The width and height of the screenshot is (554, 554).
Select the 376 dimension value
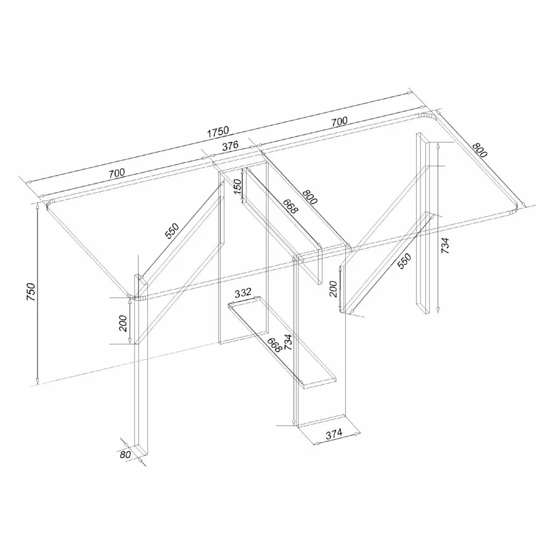coord(230,146)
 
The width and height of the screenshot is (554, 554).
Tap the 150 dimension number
coord(238,186)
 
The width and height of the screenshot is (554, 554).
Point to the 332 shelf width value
coord(243,293)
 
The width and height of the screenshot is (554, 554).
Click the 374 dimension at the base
coord(334,434)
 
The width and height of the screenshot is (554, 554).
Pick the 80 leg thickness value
coord(125,454)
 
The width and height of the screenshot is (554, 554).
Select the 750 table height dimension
coord(31,292)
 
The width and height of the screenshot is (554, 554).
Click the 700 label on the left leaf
coord(116,173)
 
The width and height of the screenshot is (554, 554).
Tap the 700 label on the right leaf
coord(339,121)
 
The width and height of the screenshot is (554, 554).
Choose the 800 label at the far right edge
coord(479,150)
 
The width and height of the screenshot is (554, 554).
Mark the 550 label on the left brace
coord(172,231)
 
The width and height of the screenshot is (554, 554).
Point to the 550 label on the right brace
coord(404,261)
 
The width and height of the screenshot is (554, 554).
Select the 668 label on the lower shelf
coord(274,345)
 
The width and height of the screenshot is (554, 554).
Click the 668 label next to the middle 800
coord(290,206)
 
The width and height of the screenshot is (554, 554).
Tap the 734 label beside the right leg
coord(445,245)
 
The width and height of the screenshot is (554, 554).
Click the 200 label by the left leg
coord(122,324)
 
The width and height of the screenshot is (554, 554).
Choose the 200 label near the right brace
coord(333,289)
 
